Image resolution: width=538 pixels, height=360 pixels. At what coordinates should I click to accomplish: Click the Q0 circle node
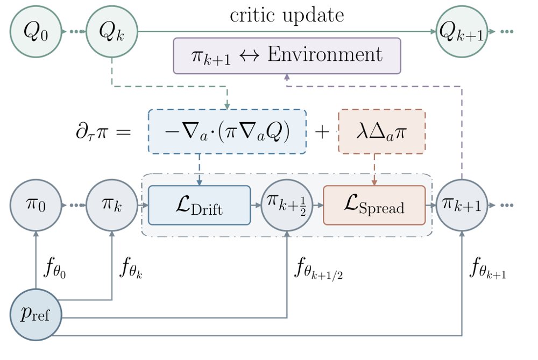[x=36, y=32]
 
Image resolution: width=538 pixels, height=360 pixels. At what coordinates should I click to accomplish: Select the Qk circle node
[x=112, y=32]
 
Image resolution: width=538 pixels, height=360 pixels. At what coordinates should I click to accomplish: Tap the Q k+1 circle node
[x=462, y=32]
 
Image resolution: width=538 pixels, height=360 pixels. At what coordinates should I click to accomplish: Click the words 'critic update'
[x=287, y=15]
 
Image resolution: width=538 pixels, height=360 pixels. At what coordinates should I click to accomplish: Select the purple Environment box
[x=287, y=55]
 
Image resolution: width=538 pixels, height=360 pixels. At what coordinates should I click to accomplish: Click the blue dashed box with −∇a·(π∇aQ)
[x=227, y=131]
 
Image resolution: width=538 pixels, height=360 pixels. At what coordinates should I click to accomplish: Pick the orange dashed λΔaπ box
[x=382, y=131]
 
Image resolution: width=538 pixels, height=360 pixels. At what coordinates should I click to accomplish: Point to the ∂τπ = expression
[x=103, y=131]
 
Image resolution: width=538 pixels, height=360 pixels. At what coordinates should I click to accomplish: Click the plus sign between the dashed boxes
[x=322, y=131]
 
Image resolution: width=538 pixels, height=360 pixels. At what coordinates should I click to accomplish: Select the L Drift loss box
[x=200, y=205]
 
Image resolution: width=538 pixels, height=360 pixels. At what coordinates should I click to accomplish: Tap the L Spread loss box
[x=374, y=205]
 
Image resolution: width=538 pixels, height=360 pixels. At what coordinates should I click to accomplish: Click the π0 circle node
[x=36, y=205]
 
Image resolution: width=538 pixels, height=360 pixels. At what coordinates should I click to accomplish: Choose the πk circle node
[x=112, y=205]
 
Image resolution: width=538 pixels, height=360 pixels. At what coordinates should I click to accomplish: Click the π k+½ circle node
[x=287, y=205]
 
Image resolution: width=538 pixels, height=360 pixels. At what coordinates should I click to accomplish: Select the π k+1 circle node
[x=462, y=205]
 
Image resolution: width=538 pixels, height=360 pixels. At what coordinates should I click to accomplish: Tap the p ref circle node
[x=36, y=315]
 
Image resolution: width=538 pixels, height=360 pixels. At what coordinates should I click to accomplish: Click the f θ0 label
[x=55, y=268]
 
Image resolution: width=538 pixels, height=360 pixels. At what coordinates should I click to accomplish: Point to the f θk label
[x=131, y=268]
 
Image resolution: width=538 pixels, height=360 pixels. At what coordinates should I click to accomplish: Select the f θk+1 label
[x=488, y=268]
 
